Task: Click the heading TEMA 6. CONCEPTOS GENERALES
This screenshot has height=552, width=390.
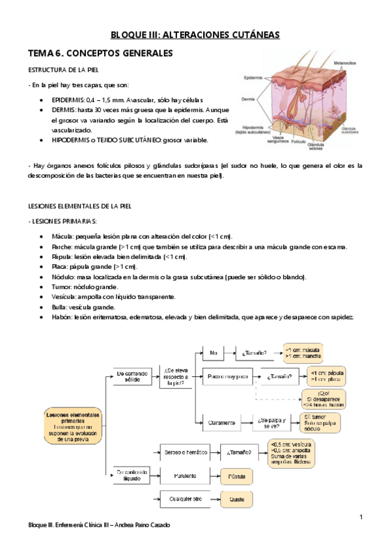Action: coord(99,52)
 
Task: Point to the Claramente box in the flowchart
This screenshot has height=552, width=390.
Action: coord(222,422)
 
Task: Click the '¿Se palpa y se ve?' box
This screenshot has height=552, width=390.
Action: coord(272,422)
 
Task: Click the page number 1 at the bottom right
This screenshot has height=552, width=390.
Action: coord(360,516)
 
